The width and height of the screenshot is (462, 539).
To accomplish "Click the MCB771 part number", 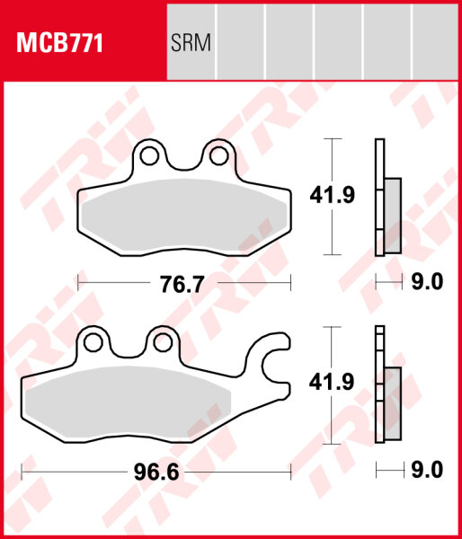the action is click(59, 43).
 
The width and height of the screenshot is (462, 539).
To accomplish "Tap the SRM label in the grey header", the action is click(191, 43).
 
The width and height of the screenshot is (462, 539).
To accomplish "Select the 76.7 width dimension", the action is click(182, 284).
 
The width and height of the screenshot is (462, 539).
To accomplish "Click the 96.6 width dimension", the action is click(156, 472).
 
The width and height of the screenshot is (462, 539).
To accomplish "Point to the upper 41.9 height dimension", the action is click(332, 195).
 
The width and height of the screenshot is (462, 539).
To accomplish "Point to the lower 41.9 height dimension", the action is click(332, 383).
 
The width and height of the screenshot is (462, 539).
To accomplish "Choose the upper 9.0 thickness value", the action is click(427, 282).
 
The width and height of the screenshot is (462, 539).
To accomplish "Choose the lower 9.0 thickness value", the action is click(427, 470).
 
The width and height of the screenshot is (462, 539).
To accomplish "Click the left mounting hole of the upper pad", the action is click(149, 155).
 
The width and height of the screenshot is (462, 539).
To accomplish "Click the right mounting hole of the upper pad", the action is click(219, 155).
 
